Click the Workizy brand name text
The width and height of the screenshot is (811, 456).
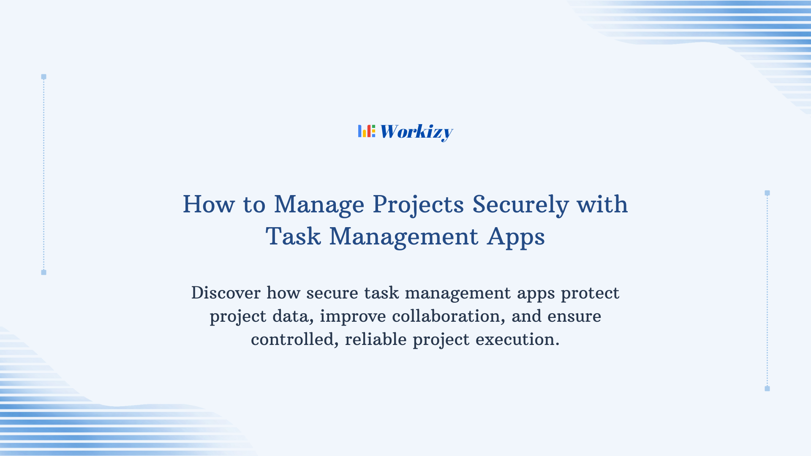[416, 132]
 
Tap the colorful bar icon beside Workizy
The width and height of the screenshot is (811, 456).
[366, 131]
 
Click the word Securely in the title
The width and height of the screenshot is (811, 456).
[520, 205]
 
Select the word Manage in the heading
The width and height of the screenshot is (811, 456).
[319, 205]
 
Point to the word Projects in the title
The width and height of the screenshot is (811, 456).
[418, 205]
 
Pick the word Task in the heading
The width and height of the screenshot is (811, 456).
[293, 236]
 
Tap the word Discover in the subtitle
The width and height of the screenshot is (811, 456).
[226, 293]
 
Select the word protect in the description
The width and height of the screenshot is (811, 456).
[590, 293]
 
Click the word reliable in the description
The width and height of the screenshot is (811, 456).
[376, 339]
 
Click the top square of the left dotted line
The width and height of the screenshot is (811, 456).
[44, 77]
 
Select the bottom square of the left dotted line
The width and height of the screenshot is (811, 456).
[44, 272]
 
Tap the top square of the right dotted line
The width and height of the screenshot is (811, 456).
[767, 193]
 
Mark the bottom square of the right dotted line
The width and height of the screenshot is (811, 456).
[767, 388]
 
